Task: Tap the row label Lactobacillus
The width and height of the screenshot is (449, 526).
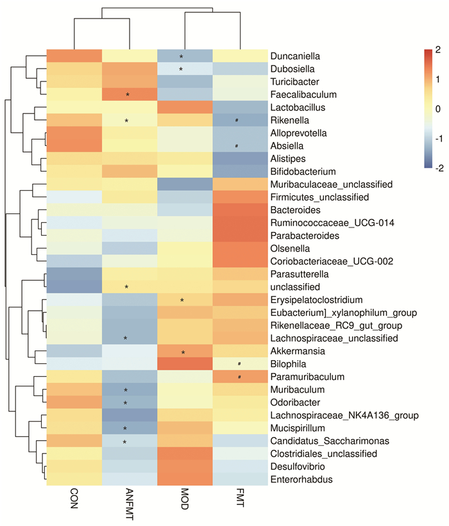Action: [x=296, y=108]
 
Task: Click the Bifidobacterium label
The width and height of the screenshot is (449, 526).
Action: [x=300, y=172]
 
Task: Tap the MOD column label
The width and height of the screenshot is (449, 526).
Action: [x=185, y=499]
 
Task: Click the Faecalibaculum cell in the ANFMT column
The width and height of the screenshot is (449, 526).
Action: [x=129, y=95]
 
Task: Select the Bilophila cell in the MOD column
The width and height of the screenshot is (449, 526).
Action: [x=185, y=364]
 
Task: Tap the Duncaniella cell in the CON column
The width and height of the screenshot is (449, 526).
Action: [x=74, y=56]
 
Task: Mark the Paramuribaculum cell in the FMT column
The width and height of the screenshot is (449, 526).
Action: [x=240, y=377]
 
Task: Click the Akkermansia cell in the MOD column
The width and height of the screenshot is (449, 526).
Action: [x=185, y=351]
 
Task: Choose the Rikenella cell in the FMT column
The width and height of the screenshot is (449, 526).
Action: [x=240, y=120]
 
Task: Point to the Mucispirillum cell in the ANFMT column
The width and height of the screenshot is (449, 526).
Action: [x=129, y=428]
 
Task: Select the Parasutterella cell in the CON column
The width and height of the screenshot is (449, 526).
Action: [x=74, y=274]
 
